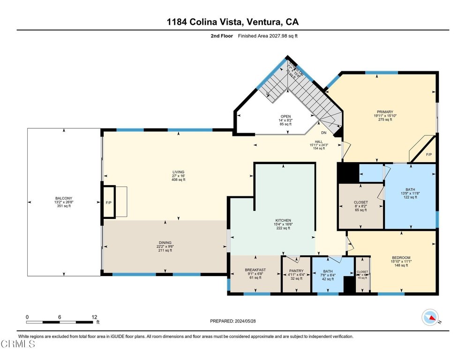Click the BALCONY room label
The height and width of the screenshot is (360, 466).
64,198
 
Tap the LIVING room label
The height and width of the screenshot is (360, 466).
178,172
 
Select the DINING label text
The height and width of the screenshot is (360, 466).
165,243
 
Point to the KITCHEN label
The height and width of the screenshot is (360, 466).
283,220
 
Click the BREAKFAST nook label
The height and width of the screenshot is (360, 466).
255,270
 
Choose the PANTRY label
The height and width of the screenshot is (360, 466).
296,270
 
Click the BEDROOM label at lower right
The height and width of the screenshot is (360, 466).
401,258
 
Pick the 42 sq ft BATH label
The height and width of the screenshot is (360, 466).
328,271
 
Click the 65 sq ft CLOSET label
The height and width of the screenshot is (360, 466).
361,202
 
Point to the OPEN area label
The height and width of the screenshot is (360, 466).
286,116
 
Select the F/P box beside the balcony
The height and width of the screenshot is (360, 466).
109,202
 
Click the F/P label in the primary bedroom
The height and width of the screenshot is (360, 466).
428,154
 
